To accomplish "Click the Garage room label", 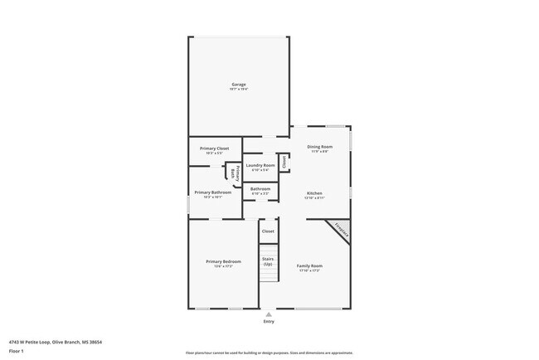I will (238, 84).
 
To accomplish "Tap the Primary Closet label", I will (214, 148).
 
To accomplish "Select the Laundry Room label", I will (260, 165).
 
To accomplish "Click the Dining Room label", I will (319, 147).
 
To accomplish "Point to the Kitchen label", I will (313, 193).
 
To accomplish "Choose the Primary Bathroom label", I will (213, 192).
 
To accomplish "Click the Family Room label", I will (308, 265).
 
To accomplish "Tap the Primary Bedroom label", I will (223, 261).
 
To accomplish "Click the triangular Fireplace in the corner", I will (341, 231).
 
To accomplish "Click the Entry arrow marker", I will (268, 314).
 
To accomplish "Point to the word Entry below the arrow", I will (268, 321).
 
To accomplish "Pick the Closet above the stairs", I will (268, 231).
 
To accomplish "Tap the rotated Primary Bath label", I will (234, 173).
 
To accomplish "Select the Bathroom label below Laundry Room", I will (260, 188).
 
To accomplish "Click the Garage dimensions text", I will (238, 89).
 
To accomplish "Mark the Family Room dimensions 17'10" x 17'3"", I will (308, 270).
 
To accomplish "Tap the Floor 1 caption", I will (17, 350).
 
